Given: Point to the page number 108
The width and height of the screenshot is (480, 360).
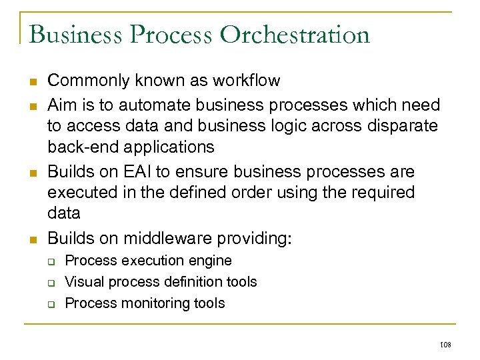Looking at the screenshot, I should [446, 345].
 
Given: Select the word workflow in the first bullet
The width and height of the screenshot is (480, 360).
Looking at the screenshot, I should [246, 81].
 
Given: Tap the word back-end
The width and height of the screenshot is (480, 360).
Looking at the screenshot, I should [79, 147].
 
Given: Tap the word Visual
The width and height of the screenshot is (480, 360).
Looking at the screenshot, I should [85, 282].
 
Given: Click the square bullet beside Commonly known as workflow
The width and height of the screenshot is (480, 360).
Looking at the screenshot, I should [33, 82].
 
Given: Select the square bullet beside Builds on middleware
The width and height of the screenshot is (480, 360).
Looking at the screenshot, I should [33, 239].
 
